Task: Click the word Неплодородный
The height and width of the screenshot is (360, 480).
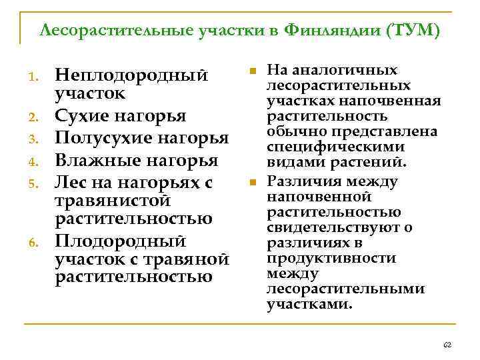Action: pyautogui.click(x=131, y=76)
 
